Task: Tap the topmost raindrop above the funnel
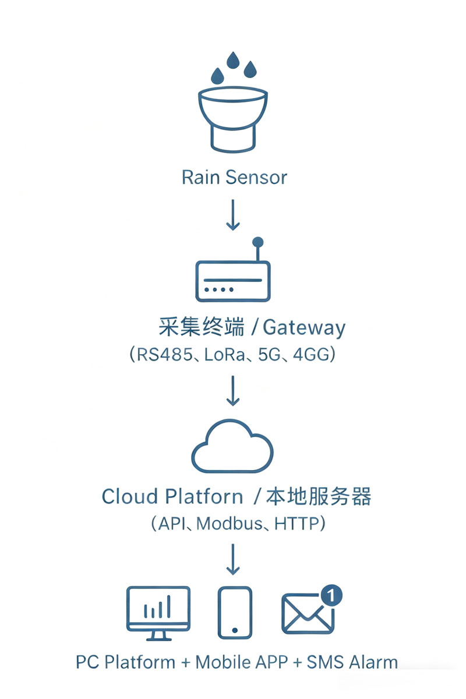pyautogui.click(x=234, y=60)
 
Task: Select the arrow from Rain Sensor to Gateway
pyautogui.click(x=233, y=215)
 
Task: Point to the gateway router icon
pyautogui.click(x=233, y=280)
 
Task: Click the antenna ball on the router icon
pyautogui.click(x=258, y=242)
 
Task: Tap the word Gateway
pyautogui.click(x=304, y=327)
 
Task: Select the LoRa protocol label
pyautogui.click(x=224, y=354)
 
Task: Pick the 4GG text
pyautogui.click(x=306, y=354)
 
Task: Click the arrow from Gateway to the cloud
pyautogui.click(x=233, y=390)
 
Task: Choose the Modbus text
pyautogui.click(x=230, y=524)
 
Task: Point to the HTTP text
pyautogui.click(x=298, y=524)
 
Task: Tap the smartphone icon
pyautogui.click(x=235, y=613)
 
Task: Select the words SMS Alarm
pyautogui.click(x=352, y=662)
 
